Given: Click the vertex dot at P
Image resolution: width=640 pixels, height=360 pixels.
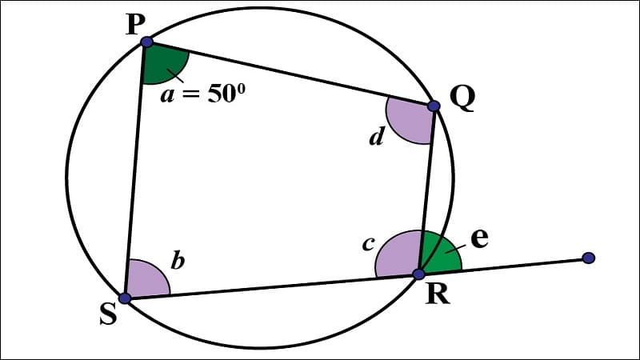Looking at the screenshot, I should tap(146, 42).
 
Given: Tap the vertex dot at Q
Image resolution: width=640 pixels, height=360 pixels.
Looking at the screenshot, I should tap(434, 106).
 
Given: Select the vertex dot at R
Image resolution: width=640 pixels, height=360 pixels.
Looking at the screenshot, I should tap(418, 274).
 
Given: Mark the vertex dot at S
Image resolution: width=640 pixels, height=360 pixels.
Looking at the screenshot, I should tap(125, 298).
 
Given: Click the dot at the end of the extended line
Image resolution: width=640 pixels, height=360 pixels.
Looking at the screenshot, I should tap(589, 258).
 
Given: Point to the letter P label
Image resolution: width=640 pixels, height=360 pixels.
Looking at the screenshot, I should tap(134, 25).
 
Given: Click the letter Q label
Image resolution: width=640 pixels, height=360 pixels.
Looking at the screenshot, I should tap(462, 98).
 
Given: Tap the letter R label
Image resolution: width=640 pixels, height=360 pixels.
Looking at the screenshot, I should tap(437, 295).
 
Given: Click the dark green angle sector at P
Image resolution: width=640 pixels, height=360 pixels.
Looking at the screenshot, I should tap(162, 64).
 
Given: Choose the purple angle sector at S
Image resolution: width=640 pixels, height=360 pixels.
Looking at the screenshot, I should tap(146, 281).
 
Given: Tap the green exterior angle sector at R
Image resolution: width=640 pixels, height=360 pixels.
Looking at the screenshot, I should tap(441, 254).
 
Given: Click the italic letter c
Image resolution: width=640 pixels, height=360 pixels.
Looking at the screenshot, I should tap(367, 245).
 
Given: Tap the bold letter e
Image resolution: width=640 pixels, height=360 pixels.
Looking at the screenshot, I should tap(478, 238).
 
